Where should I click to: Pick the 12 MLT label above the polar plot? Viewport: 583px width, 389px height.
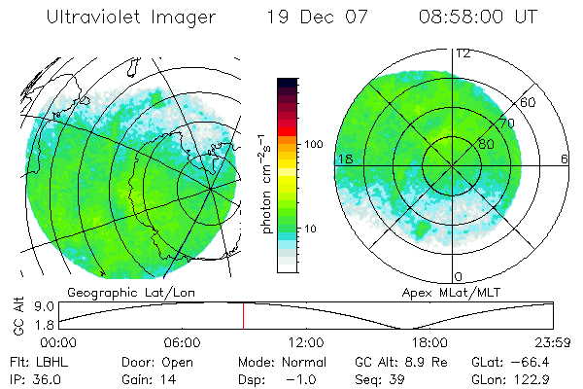point(463,53)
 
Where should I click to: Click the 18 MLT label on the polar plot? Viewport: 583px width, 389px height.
point(344,159)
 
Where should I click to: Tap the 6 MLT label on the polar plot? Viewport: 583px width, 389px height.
point(565,159)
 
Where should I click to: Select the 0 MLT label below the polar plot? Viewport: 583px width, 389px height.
point(459,277)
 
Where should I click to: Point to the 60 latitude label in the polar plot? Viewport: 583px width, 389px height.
point(529,102)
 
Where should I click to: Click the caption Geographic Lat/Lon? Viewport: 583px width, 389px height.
point(119,291)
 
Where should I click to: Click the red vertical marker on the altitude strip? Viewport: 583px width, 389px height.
point(244,315)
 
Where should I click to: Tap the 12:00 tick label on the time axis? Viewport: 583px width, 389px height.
point(306,342)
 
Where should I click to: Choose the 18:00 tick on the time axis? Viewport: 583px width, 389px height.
point(429,342)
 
